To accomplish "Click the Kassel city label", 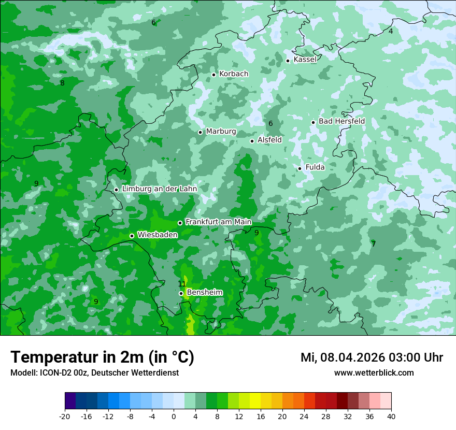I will [x=305, y=60].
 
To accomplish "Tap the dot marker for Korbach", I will [x=213, y=75].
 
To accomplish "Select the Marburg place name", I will [x=221, y=132].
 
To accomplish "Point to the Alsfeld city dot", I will [x=252, y=141].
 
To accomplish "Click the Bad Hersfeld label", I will [x=341, y=121].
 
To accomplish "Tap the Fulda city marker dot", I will [x=300, y=168].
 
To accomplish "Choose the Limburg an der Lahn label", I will [x=159, y=189].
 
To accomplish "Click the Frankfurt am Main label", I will [x=218, y=222].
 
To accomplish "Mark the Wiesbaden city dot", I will [x=132, y=236].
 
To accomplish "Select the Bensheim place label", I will [x=205, y=292].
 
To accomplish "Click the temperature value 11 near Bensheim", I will [x=182, y=284].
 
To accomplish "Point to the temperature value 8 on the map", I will [x=62, y=83].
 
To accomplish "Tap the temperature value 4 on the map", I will [x=391, y=31].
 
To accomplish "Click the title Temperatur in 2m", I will [x=103, y=357].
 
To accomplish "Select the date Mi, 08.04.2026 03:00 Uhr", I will [x=372, y=357].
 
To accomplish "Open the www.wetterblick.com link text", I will [x=374, y=373].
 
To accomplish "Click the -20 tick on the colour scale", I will [x=65, y=416].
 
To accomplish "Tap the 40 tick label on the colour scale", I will [x=391, y=416].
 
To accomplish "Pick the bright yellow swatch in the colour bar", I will [x=255, y=401].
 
